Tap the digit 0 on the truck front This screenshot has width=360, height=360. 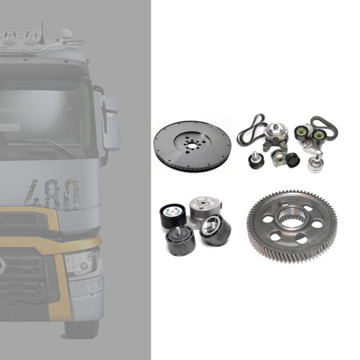coord(70,195)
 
